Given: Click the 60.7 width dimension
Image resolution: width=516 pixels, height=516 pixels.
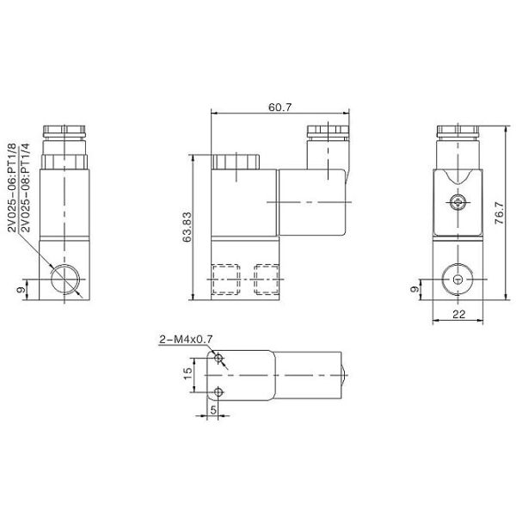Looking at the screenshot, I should (x=279, y=107).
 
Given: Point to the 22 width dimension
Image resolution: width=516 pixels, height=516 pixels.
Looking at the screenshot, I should (x=458, y=315).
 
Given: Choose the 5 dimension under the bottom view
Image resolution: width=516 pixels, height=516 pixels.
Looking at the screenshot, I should (x=213, y=409).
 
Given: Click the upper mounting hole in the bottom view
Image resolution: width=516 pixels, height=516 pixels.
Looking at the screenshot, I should (x=220, y=358).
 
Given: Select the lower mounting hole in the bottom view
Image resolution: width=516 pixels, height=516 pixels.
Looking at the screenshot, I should (x=220, y=393).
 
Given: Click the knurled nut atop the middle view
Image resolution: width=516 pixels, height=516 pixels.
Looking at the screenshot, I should (x=235, y=161).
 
